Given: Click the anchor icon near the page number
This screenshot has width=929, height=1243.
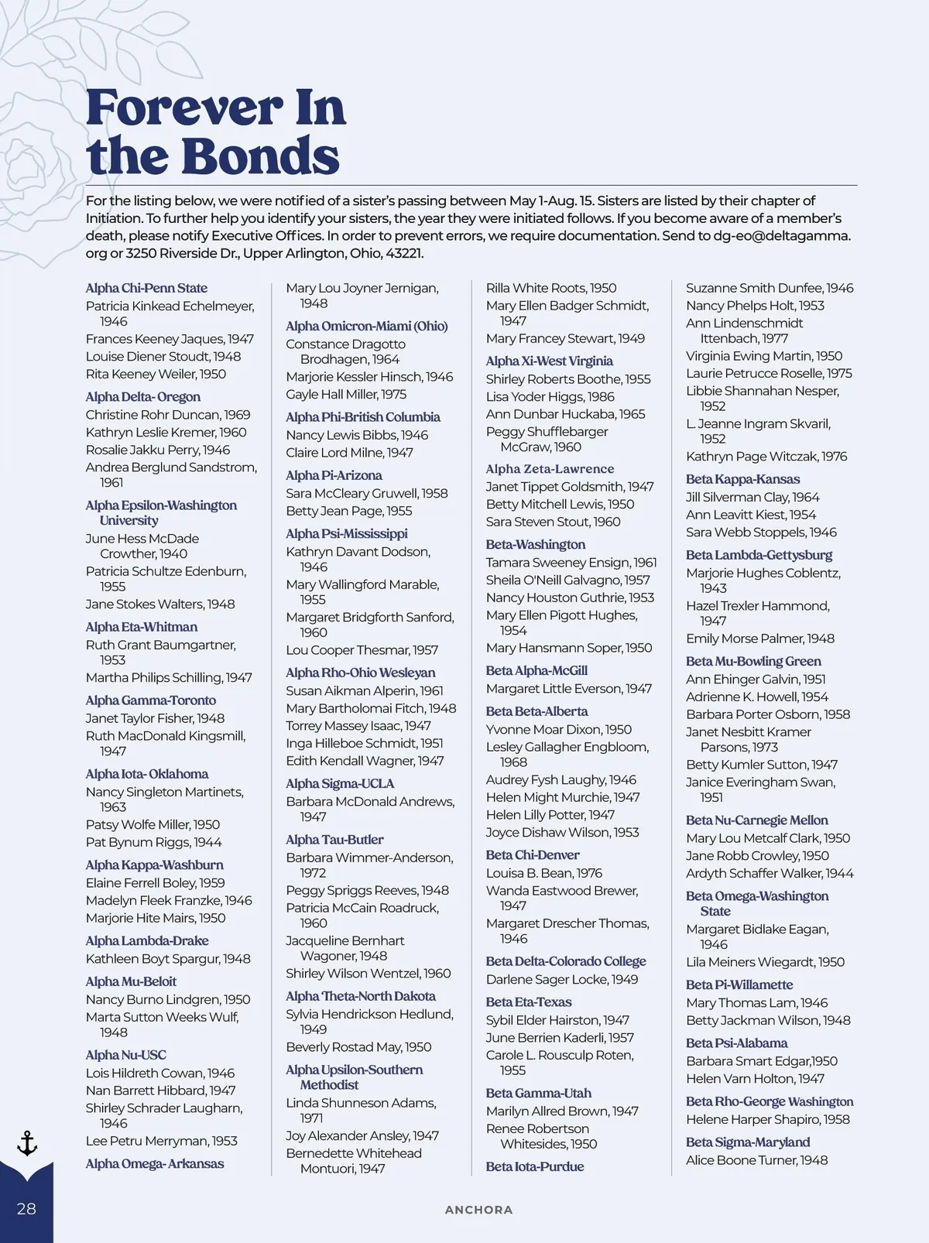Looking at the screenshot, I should click(27, 1143).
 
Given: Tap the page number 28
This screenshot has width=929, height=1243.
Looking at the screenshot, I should click(26, 1208).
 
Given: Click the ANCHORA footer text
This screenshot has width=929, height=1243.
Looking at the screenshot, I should click(478, 1210).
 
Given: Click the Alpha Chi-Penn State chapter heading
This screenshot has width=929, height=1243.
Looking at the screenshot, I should click(146, 288).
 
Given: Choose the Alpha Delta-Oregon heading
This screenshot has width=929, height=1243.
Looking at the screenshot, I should click(143, 396).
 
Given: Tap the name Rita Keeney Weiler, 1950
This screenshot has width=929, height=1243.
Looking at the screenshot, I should click(156, 374).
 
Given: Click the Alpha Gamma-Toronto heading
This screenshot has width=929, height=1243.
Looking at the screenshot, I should click(151, 700).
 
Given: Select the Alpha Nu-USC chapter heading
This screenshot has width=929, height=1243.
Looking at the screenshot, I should click(125, 1054).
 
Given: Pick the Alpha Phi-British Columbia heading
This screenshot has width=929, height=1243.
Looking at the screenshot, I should click(362, 416).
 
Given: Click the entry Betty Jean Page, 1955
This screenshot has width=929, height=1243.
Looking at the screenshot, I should click(348, 511).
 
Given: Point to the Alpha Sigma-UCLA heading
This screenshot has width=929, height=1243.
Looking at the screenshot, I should click(340, 783).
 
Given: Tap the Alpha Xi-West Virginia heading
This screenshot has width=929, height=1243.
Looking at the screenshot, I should click(549, 361).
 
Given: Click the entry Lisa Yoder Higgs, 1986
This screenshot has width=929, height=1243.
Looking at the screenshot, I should click(550, 396).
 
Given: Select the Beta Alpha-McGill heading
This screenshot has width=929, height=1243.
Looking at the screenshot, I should click(536, 670).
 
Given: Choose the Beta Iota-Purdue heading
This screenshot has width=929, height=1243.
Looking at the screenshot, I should click(535, 1166).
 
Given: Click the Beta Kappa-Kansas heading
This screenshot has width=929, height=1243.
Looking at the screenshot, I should click(742, 479).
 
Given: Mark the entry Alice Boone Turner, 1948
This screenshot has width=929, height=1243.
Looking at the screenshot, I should click(756, 1159).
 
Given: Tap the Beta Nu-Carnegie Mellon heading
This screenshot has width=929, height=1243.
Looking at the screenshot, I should click(756, 820).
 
